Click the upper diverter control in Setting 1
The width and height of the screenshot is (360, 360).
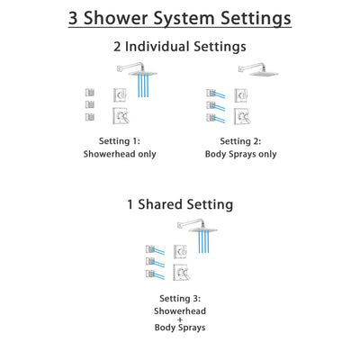(119, 94)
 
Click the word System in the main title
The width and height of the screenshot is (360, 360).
(179, 18)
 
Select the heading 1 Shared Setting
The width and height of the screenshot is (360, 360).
(179, 204)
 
